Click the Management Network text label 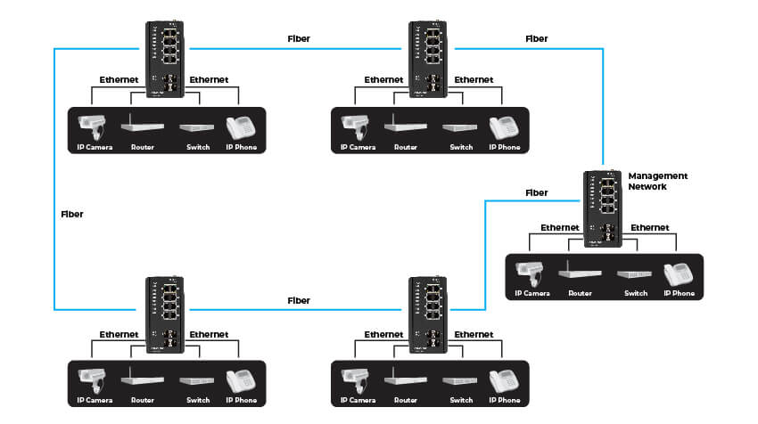[658, 181]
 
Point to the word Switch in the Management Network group [636, 293]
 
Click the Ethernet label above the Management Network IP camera [560, 228]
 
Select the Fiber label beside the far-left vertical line [72, 214]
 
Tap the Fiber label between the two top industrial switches [299, 39]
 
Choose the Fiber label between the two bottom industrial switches [299, 301]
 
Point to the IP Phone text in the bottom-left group [243, 401]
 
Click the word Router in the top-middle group [406, 147]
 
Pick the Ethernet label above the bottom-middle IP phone [474, 335]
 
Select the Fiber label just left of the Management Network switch [537, 192]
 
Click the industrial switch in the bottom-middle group [429, 316]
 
